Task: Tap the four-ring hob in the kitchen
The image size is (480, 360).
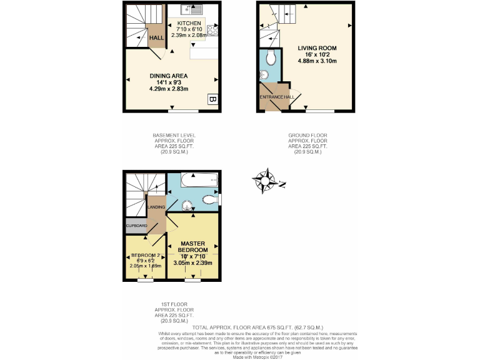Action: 212,29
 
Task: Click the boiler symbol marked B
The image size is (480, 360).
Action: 212,99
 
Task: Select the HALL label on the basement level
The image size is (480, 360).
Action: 156,38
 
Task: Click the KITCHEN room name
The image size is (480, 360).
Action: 189,23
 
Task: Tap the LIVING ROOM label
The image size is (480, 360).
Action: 317,47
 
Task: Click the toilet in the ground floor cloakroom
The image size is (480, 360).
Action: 270,59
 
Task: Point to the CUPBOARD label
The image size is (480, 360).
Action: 136,226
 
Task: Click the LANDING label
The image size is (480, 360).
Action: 156,206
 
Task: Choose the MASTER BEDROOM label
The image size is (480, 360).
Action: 193,247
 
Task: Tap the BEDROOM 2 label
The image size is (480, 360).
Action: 146,256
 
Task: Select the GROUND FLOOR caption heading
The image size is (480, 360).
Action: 307,135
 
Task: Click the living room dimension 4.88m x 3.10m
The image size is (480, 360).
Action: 317,61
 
